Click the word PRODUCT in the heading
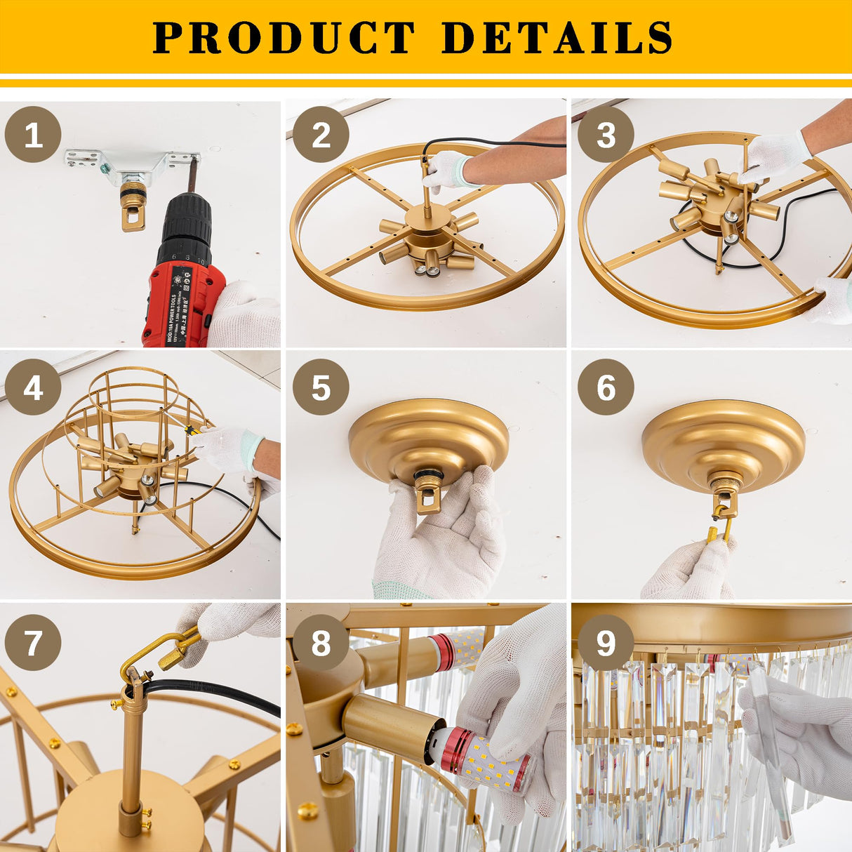pyautogui.click(x=284, y=38)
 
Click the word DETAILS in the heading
pyautogui.click(x=557, y=38)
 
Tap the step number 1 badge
pyautogui.click(x=33, y=135)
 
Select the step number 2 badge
pyautogui.click(x=321, y=135)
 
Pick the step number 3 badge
pyautogui.click(x=606, y=135)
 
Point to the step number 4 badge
pyautogui.click(x=33, y=387)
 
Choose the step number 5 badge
pyautogui.click(x=321, y=387)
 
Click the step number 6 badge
pyautogui.click(x=606, y=387)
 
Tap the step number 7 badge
pyautogui.click(x=33, y=641)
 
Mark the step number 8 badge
pyautogui.click(x=321, y=641)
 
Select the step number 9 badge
pyautogui.click(x=606, y=641)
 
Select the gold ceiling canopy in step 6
pyautogui.click(x=723, y=439)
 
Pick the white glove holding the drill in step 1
pyautogui.click(x=246, y=316)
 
